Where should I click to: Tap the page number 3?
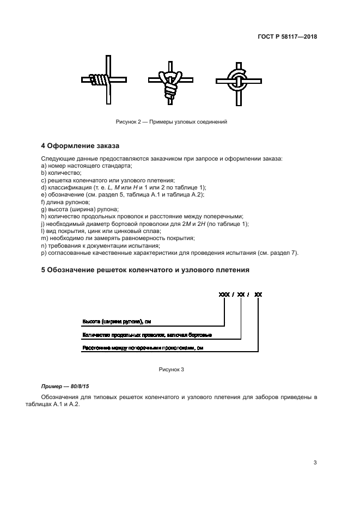pos(315,463)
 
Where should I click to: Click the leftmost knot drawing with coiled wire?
pos(104,80)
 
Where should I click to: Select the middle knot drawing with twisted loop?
pos(171,81)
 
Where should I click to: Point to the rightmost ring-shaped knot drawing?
pos(238,82)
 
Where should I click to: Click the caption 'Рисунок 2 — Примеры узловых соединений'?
pos(172,121)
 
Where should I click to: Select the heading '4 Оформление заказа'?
pos(80,146)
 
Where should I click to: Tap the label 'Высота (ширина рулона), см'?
pos(113,321)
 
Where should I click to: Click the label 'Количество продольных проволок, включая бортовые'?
pos(147,335)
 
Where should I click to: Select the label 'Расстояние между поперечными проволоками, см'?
pos(142,348)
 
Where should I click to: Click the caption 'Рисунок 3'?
pos(172,370)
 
